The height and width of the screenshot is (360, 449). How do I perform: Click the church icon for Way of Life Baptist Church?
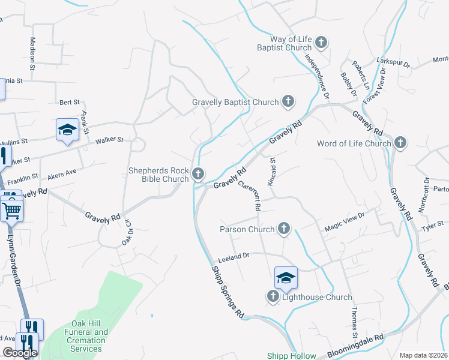click(322, 42)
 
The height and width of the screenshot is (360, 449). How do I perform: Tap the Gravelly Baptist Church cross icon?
click(288, 101)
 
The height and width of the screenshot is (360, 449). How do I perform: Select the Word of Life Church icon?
click(400, 143)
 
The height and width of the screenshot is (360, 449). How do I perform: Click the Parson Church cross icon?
click(284, 229)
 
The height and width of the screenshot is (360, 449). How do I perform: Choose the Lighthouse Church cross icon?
click(273, 296)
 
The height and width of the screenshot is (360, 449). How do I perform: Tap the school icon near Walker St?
click(67, 130)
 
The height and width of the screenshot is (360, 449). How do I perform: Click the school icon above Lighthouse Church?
click(286, 277)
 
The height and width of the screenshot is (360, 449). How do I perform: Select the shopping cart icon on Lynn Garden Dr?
click(11, 211)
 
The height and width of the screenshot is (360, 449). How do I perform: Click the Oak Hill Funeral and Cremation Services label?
click(85, 340)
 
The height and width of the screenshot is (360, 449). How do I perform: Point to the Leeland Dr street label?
click(234, 256)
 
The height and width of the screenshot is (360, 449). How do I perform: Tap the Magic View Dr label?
click(345, 223)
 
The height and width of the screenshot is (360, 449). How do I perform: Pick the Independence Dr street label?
click(318, 76)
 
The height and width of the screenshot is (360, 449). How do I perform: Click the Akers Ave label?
click(62, 173)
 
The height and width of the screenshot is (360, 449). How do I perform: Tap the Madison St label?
click(33, 49)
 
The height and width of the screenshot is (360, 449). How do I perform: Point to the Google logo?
click(19, 353)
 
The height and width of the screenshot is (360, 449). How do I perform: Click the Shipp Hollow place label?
click(291, 356)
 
